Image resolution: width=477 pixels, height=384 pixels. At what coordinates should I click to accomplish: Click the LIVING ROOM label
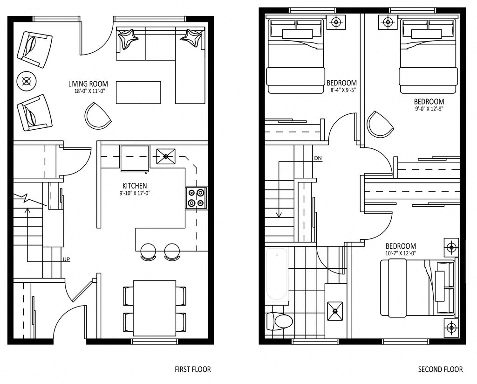(88, 84)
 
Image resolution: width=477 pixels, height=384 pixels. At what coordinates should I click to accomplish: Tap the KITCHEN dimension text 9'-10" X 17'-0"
(135, 193)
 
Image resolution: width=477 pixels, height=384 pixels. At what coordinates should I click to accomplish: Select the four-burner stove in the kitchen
(196, 198)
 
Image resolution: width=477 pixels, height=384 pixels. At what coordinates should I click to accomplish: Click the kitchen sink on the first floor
(166, 156)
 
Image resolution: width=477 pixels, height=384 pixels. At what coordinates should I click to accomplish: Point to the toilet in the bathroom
(279, 321)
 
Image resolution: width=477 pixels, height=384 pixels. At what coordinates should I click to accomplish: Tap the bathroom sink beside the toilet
(335, 311)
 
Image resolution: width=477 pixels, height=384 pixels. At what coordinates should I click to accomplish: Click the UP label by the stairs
(66, 260)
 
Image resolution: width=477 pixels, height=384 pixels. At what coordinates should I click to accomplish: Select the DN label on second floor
(318, 158)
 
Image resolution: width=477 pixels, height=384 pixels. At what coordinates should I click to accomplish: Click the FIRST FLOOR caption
(192, 370)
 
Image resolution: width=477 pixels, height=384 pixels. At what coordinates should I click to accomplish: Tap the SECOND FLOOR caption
(440, 370)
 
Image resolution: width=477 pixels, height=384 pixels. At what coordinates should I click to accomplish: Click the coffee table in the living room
(138, 92)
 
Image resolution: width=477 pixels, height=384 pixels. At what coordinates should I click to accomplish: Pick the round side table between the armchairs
(27, 81)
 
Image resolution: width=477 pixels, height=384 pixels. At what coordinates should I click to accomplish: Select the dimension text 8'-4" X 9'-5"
(343, 90)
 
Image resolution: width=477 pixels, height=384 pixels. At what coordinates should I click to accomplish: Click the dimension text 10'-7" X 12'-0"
(401, 253)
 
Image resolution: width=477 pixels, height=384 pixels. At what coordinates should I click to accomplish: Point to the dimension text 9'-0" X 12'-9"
(429, 109)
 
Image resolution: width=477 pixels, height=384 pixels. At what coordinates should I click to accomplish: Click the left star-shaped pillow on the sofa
(128, 38)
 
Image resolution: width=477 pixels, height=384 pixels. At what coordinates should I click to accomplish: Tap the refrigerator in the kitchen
(135, 159)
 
